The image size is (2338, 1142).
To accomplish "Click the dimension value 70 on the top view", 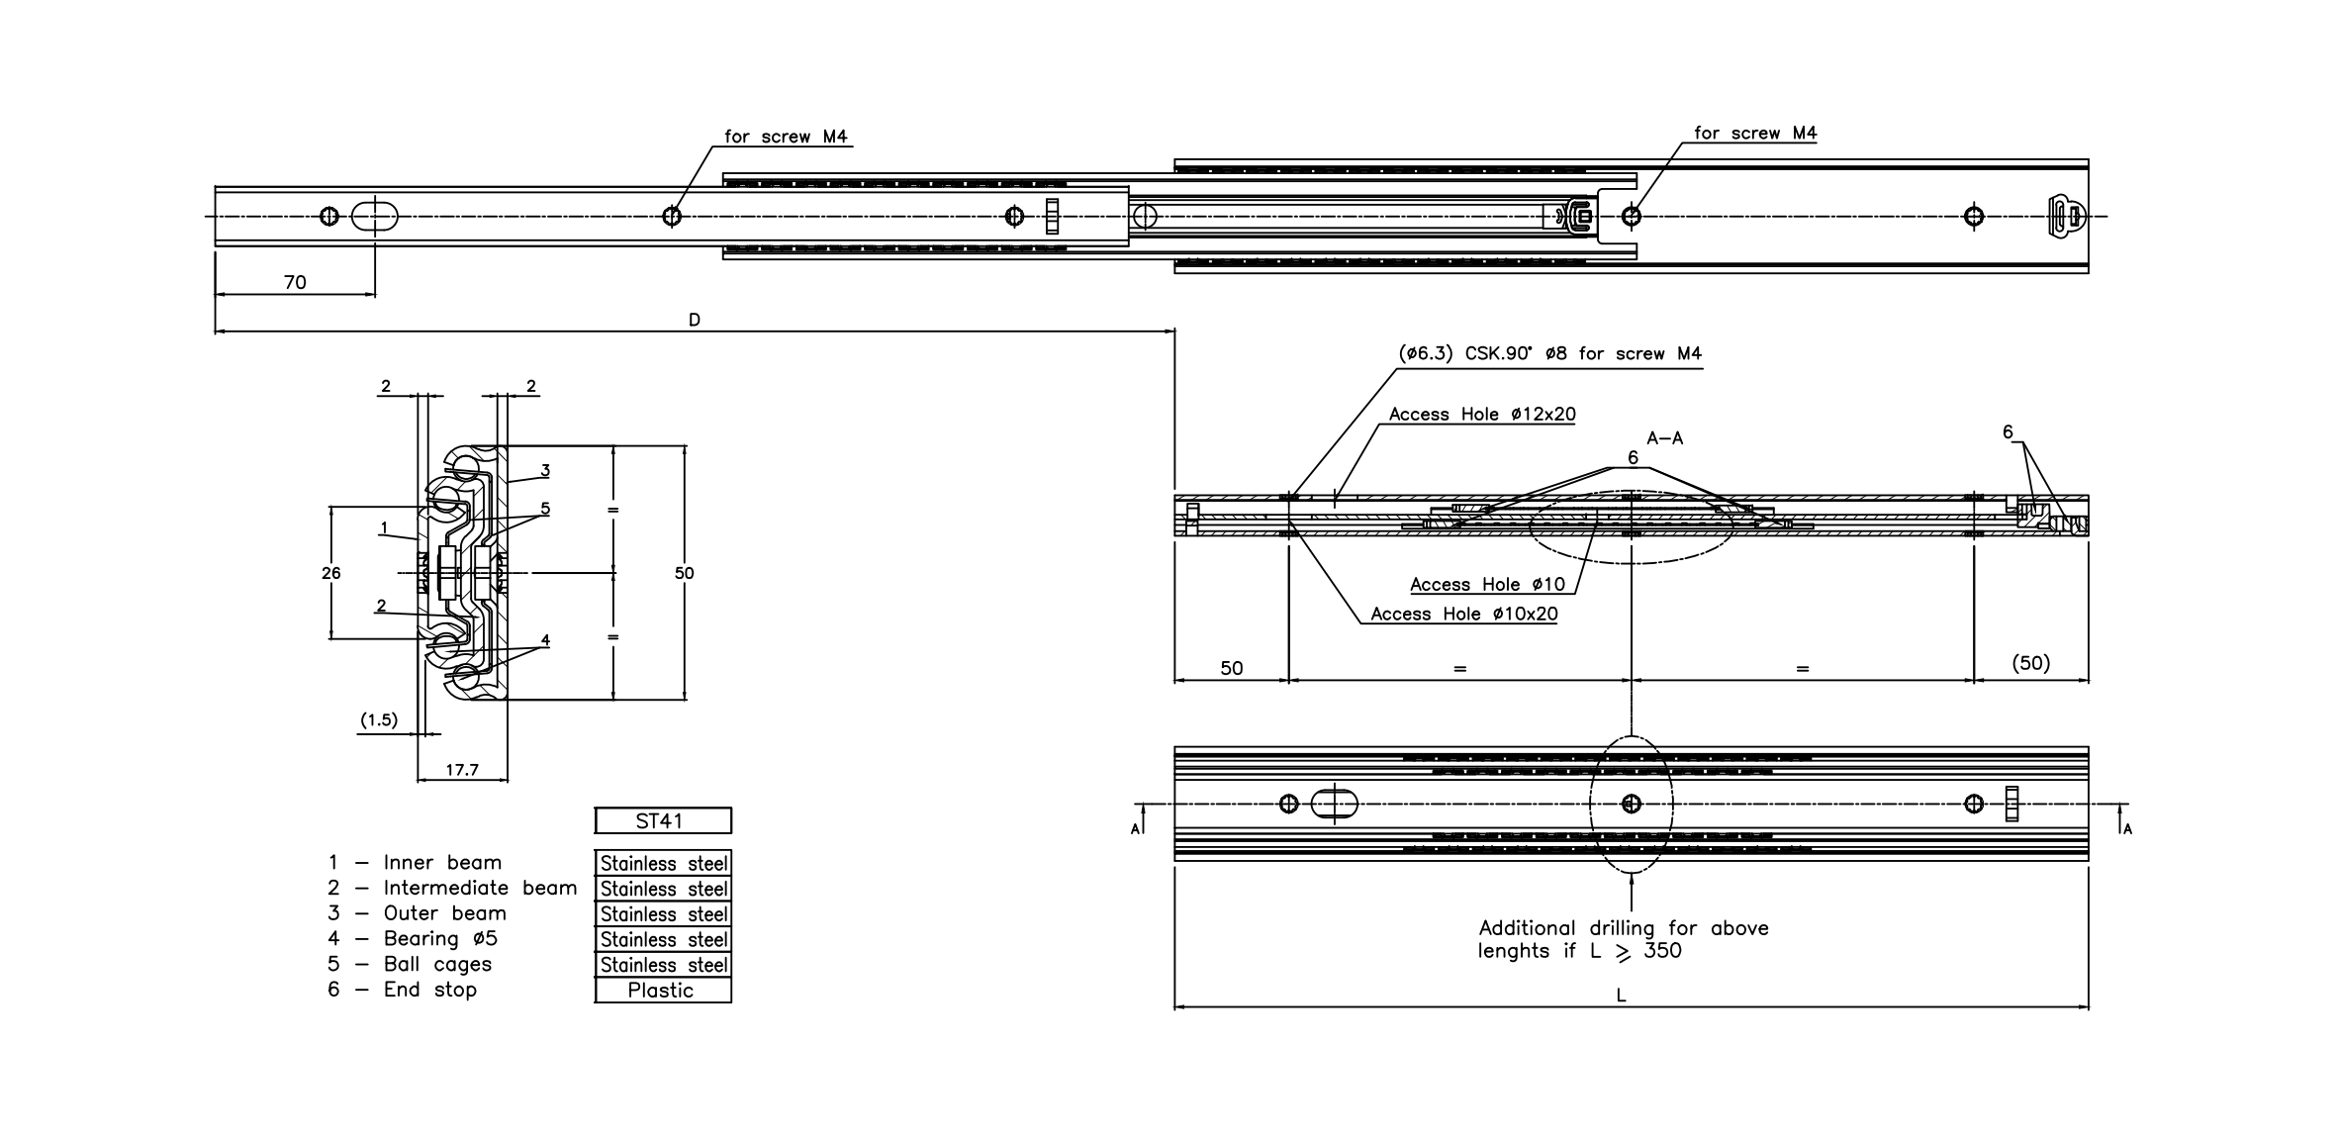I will pos(295,282).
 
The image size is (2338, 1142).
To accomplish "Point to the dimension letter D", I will pos(695,320).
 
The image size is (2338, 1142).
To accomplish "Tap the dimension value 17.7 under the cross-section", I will pos(462,769).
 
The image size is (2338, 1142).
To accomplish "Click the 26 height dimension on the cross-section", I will pos(331,573).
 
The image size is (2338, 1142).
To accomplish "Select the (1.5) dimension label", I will pos(378,720).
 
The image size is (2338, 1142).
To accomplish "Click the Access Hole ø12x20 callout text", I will pos(1481,415).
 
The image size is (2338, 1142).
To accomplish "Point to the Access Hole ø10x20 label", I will pos(1463,614).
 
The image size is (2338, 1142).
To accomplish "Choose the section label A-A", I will pos(1664,437).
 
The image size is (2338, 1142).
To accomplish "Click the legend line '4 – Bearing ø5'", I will pos(413,938).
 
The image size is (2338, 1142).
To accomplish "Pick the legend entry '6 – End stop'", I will pos(403,990).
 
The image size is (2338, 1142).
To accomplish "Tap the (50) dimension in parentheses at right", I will pos(2030,663).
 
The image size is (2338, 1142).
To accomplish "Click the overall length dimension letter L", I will pos(1621,996).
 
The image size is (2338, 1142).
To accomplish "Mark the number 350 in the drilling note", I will pos(1662,951).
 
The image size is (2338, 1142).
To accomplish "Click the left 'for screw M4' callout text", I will pos(786,137).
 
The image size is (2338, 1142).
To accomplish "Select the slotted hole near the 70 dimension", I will pos(375,216).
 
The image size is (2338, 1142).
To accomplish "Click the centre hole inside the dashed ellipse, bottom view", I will pos(1632,804).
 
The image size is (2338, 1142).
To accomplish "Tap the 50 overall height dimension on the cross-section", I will pos(685,573).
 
